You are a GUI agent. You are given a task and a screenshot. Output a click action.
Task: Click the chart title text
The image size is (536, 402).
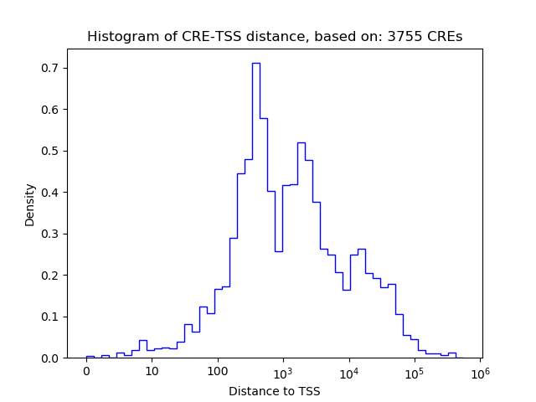click(x=274, y=37)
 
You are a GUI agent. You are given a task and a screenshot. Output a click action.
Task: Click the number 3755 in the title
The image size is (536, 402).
click(x=403, y=37)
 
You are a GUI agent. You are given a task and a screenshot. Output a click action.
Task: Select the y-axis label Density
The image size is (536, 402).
click(x=30, y=204)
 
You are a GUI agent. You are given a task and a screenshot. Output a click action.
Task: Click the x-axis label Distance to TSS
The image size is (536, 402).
click(x=274, y=391)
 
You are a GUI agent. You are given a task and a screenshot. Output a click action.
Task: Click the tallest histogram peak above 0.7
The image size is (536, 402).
click(x=255, y=64)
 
